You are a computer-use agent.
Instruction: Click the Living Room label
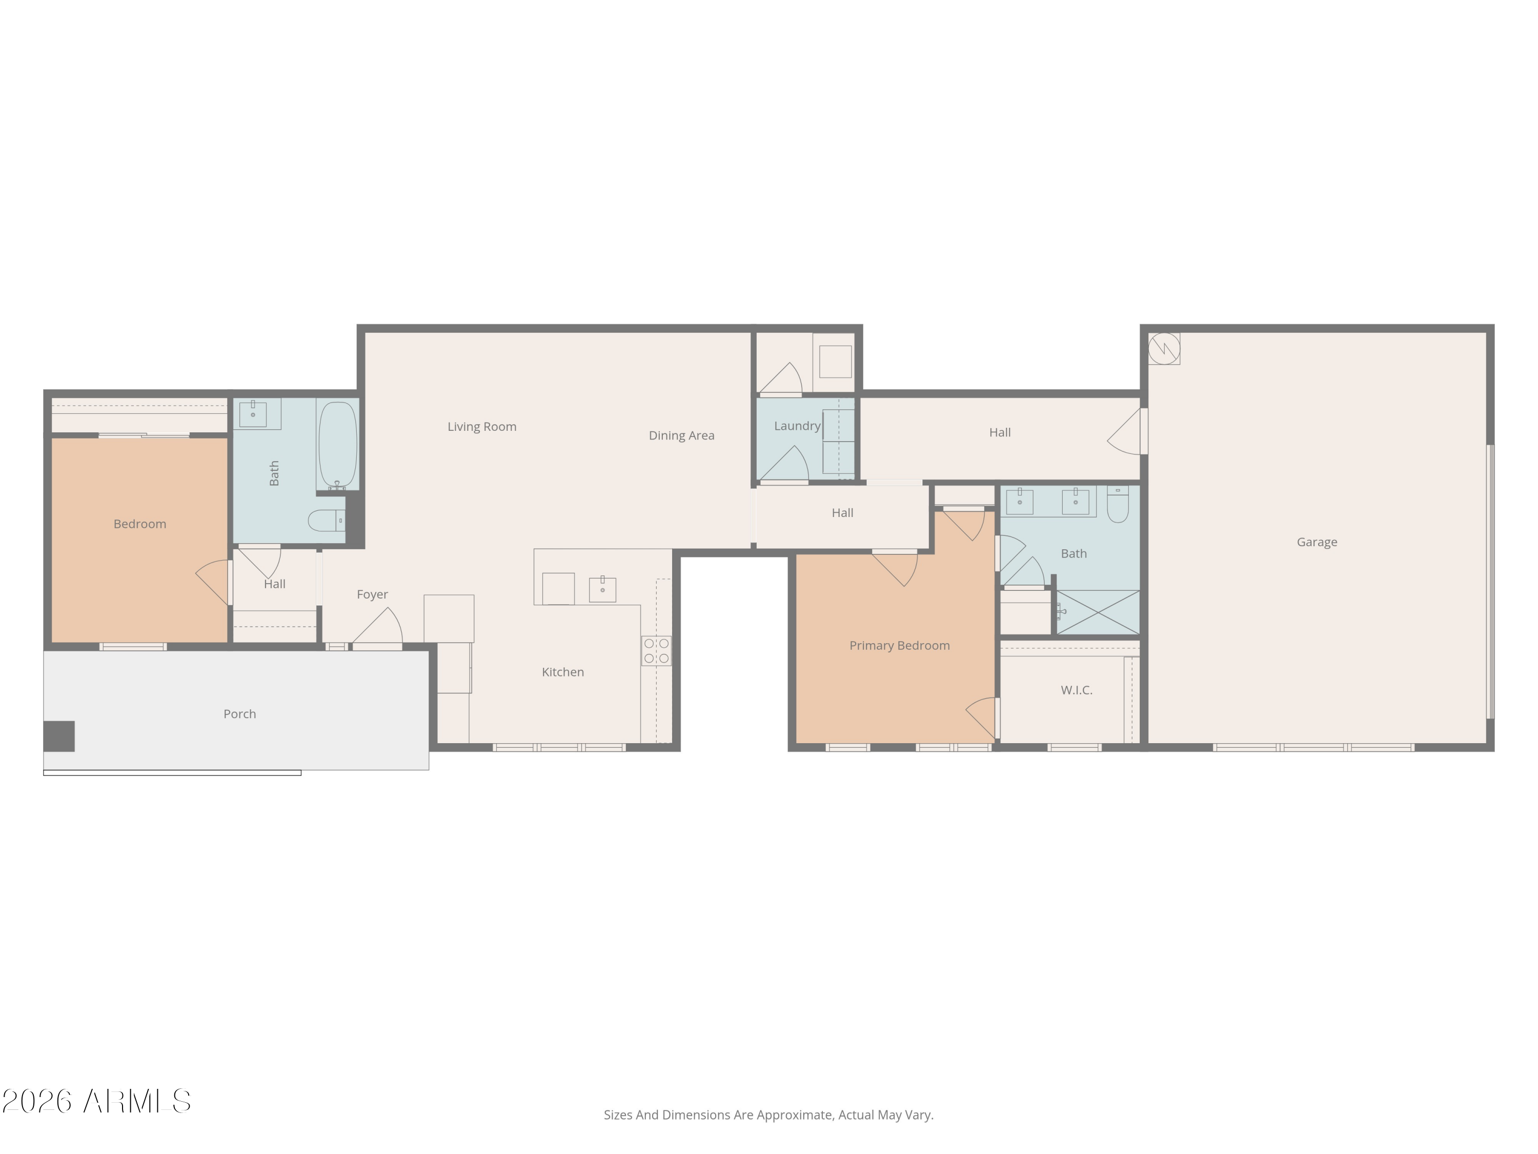pyautogui.click(x=482, y=426)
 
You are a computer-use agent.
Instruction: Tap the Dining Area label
pyautogui.click(x=681, y=435)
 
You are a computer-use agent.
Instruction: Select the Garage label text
pyautogui.click(x=1316, y=542)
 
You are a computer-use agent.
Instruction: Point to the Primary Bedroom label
pyautogui.click(x=899, y=646)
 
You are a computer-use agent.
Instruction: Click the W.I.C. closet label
pyautogui.click(x=1076, y=690)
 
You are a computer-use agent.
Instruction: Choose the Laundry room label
pyautogui.click(x=797, y=426)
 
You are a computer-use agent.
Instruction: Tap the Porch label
pyautogui.click(x=239, y=714)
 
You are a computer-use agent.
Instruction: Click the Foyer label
pyautogui.click(x=372, y=594)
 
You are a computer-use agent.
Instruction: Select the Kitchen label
pyautogui.click(x=562, y=672)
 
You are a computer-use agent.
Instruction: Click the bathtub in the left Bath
pyautogui.click(x=338, y=445)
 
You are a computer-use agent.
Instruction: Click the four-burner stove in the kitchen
pyautogui.click(x=656, y=650)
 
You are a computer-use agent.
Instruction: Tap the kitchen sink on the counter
pyautogui.click(x=602, y=588)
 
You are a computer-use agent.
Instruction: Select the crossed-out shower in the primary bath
pyautogui.click(x=1098, y=612)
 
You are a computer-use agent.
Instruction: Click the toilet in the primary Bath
pyautogui.click(x=1117, y=504)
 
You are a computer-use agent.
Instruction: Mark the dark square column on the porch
pyautogui.click(x=59, y=736)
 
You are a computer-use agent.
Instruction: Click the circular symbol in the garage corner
pyautogui.click(x=1163, y=348)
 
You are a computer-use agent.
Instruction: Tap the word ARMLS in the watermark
pyautogui.click(x=136, y=1101)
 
